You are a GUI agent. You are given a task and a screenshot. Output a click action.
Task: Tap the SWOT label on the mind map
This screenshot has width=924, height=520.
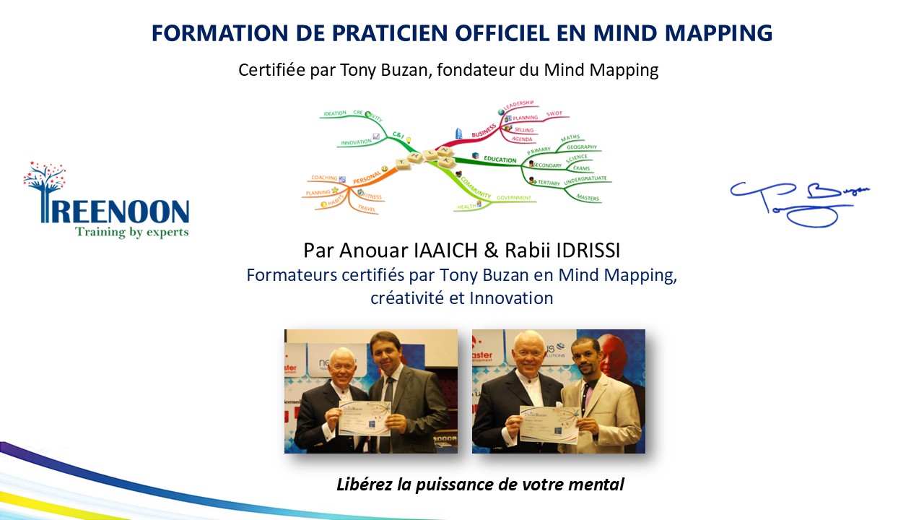[554, 114]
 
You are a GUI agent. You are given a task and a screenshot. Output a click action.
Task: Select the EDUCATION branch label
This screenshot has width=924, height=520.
[500, 160]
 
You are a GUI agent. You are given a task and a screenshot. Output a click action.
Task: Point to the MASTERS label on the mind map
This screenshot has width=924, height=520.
[588, 198]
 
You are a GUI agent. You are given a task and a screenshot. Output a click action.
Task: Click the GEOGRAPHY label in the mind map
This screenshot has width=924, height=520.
[581, 147]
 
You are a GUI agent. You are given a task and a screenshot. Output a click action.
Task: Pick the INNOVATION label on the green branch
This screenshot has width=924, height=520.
[354, 142]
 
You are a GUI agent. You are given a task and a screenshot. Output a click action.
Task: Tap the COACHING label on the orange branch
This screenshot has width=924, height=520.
[323, 178]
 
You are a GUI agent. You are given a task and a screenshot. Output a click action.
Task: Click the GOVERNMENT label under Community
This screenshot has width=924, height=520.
[513, 197]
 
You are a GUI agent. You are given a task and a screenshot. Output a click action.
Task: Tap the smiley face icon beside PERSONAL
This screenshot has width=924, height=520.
[385, 169]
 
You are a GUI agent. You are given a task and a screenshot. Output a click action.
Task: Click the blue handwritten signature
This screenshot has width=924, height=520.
[798, 201]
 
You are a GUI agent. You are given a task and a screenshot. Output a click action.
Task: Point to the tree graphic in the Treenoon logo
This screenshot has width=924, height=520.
[45, 181]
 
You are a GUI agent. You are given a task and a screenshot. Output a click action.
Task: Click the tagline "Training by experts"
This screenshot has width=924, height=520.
[131, 232]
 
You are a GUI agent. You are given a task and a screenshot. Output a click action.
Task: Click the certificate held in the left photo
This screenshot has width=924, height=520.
[365, 418]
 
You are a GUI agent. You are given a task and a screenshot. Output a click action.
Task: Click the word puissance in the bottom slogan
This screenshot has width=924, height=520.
[456, 485]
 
